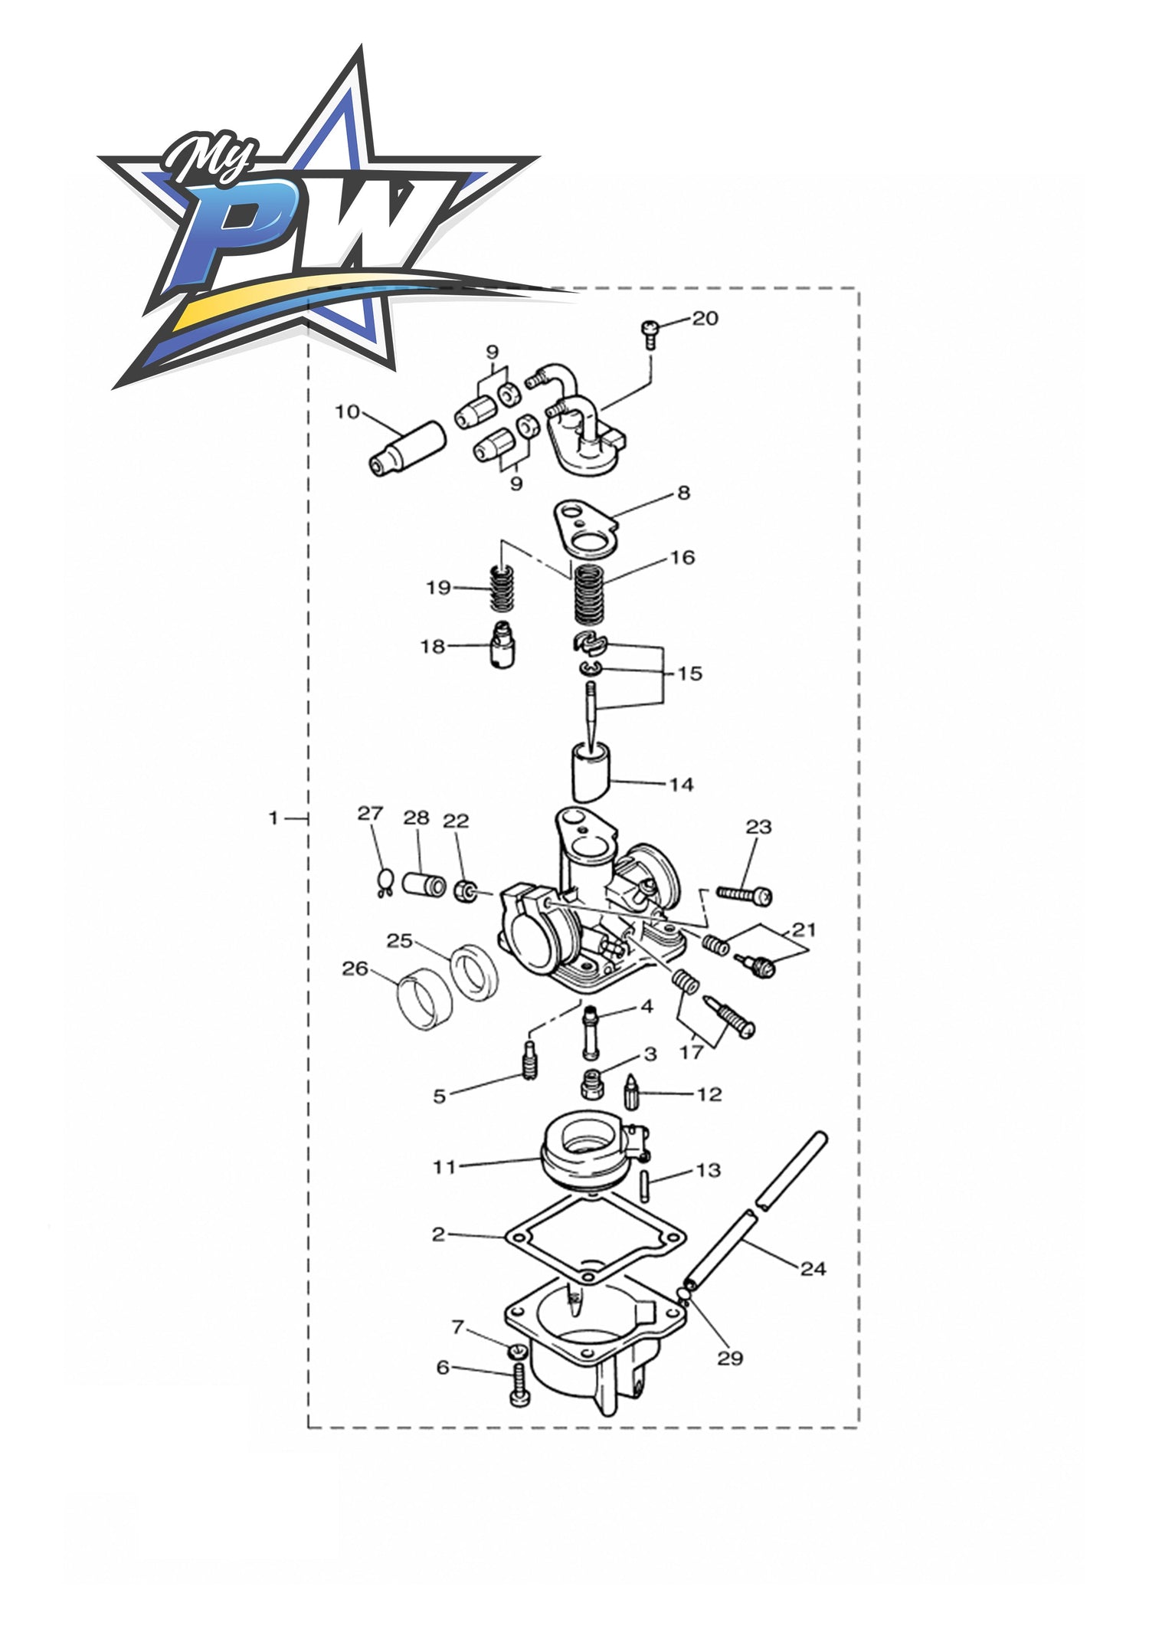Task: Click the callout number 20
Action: click(705, 318)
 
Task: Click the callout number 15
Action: click(689, 674)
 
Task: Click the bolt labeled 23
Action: click(745, 893)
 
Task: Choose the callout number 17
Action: click(691, 1052)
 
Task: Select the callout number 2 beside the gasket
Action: click(438, 1234)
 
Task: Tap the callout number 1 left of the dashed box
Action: click(273, 818)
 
